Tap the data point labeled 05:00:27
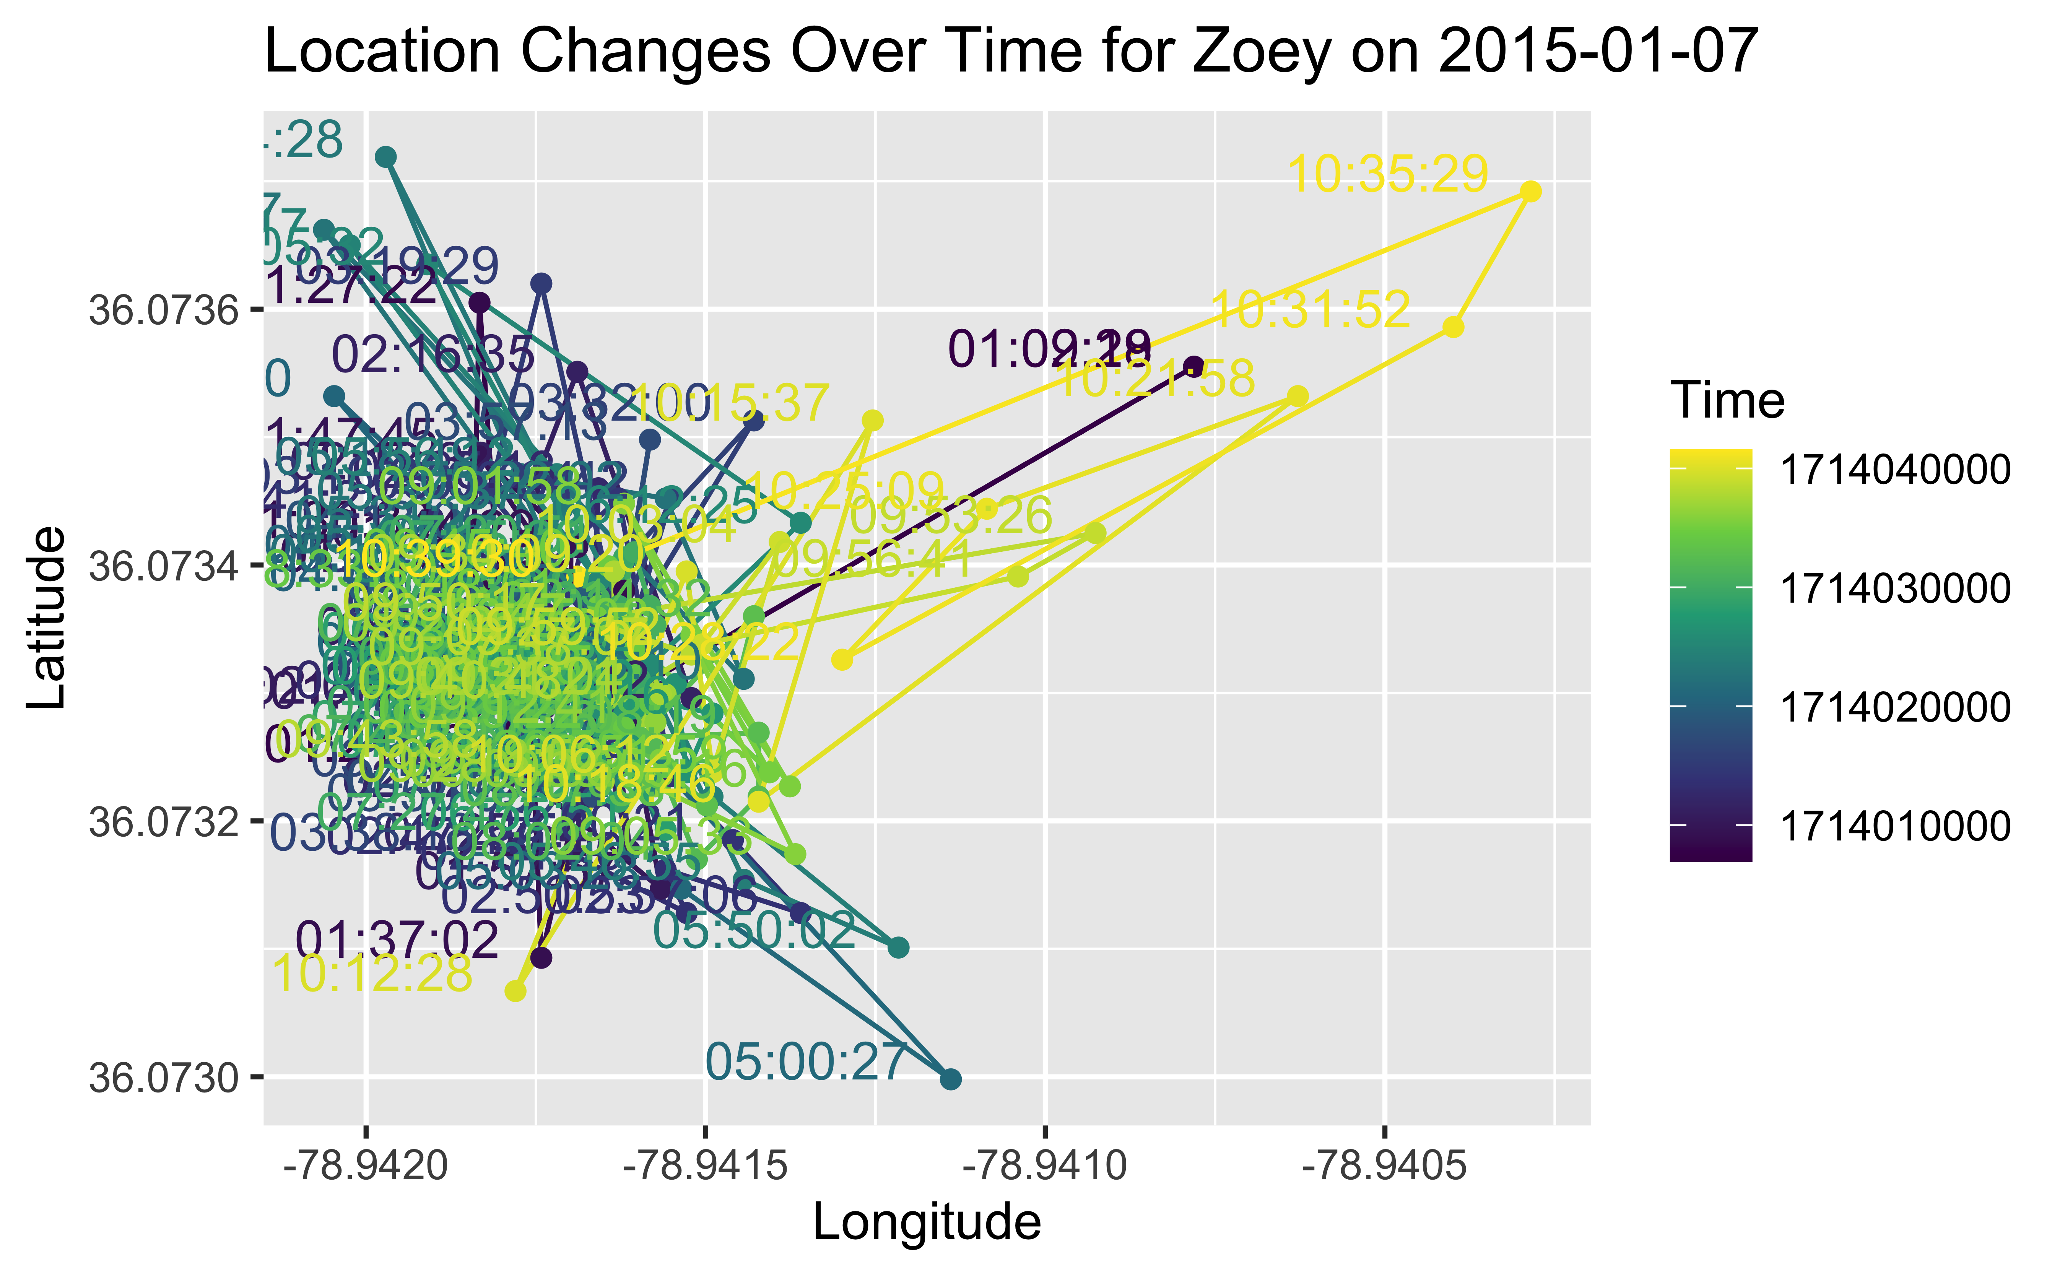(950, 1079)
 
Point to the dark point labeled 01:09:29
(1193, 366)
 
